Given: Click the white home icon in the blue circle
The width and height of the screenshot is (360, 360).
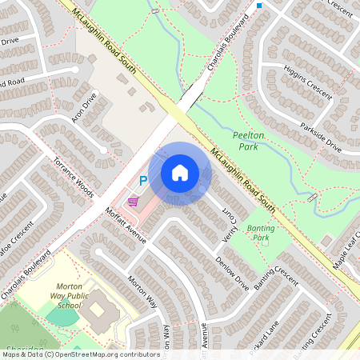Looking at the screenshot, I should (180, 173).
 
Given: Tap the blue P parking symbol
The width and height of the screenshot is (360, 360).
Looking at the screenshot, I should (143, 181).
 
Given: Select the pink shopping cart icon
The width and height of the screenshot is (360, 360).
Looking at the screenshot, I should (133, 201).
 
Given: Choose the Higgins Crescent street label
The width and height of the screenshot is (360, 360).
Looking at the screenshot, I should (307, 81).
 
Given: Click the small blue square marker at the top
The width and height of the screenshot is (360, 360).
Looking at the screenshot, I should (259, 6).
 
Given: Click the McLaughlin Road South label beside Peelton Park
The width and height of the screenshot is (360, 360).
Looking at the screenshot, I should (243, 179).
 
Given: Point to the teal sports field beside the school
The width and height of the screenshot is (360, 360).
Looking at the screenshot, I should (62, 315).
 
